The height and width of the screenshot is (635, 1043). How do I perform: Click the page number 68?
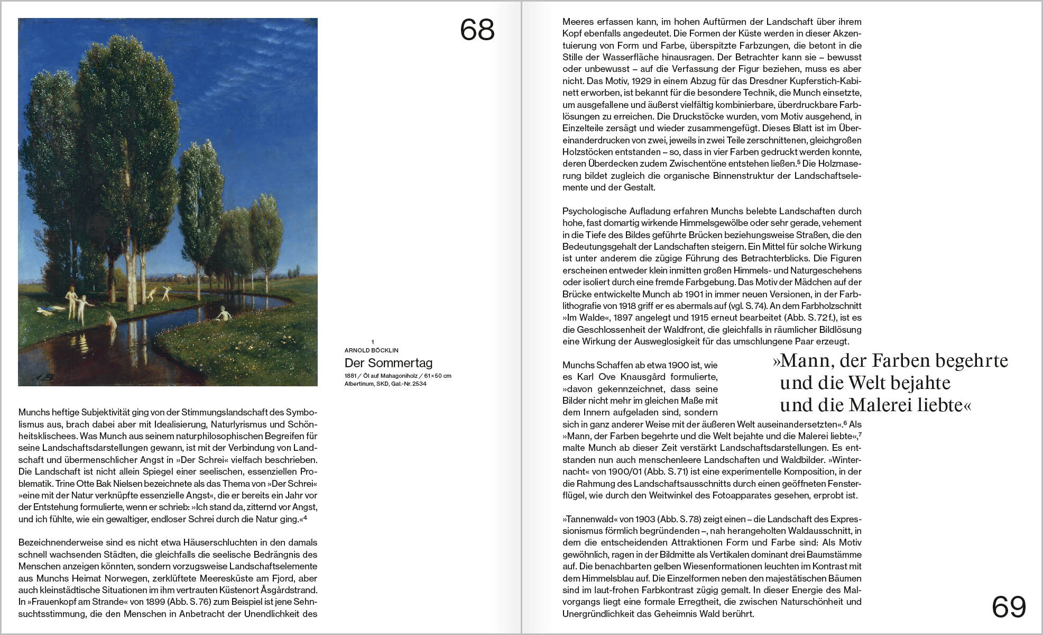click(x=477, y=30)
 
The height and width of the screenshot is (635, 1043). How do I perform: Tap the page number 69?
click(x=1009, y=607)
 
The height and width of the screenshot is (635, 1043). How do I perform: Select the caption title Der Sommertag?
click(x=389, y=363)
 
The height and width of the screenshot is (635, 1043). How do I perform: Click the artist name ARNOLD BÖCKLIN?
click(x=371, y=350)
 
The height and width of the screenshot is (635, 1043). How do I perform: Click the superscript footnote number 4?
click(x=305, y=518)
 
